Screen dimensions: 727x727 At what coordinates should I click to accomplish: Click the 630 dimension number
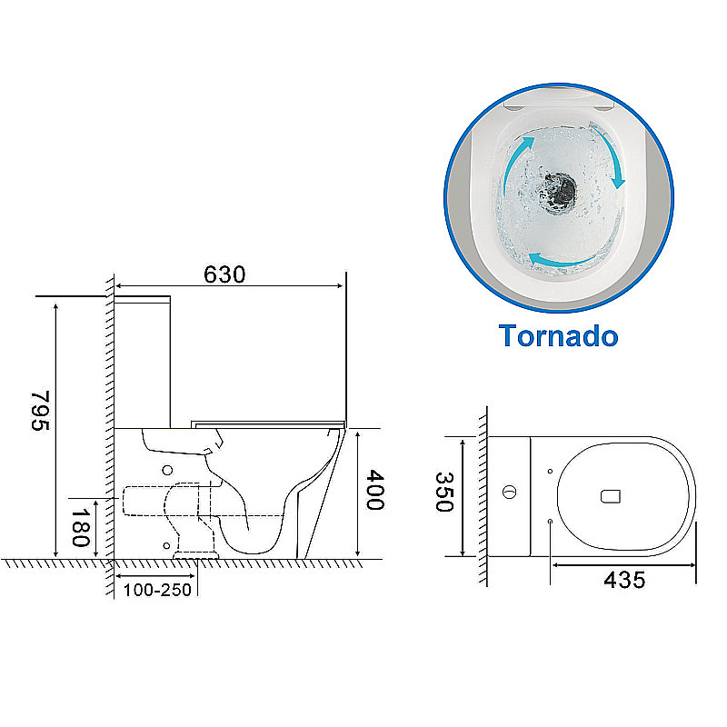click(x=224, y=274)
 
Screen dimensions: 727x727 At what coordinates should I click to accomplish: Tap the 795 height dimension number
click(x=40, y=412)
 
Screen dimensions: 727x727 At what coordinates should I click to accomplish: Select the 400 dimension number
click(x=374, y=490)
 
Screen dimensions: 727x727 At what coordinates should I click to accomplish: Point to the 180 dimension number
click(x=80, y=528)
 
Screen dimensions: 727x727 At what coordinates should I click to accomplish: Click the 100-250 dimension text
click(x=157, y=590)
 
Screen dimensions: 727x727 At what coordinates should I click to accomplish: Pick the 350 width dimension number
click(x=444, y=492)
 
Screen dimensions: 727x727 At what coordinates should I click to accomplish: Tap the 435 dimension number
click(x=624, y=580)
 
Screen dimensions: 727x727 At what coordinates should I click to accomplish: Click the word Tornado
click(x=558, y=335)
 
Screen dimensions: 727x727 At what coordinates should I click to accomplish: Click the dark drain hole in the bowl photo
click(x=559, y=191)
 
